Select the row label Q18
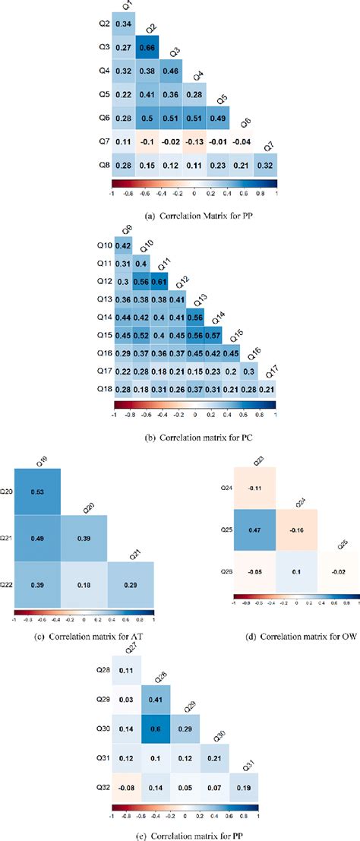coord(103,387)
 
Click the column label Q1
coord(127,7)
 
